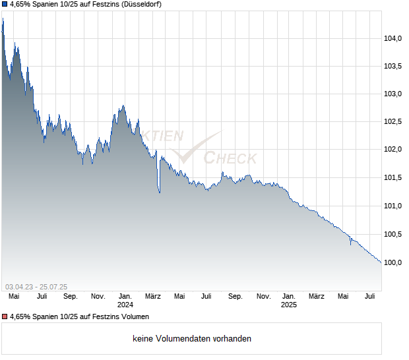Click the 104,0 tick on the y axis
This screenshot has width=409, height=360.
(x=394, y=39)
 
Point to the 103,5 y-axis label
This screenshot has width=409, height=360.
(x=394, y=67)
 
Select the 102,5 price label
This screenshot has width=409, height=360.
(x=394, y=122)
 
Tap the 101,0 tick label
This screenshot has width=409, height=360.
(x=394, y=206)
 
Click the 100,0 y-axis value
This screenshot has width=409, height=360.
(x=394, y=263)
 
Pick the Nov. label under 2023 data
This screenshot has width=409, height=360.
(x=98, y=297)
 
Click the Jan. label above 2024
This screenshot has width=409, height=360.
(x=125, y=297)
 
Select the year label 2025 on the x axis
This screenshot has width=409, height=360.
(x=289, y=305)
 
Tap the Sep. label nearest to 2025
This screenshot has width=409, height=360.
(x=236, y=297)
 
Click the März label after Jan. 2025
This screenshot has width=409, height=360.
(x=317, y=297)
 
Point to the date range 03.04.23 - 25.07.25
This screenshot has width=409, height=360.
(x=36, y=286)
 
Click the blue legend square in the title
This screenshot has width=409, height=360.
(x=5, y=5)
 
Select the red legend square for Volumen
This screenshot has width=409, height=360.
(x=5, y=317)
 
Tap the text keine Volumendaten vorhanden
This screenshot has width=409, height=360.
(x=192, y=339)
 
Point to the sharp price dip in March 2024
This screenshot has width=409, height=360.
(x=160, y=192)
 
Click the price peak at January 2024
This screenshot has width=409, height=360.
(x=123, y=105)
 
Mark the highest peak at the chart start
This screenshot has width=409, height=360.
(x=3, y=19)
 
